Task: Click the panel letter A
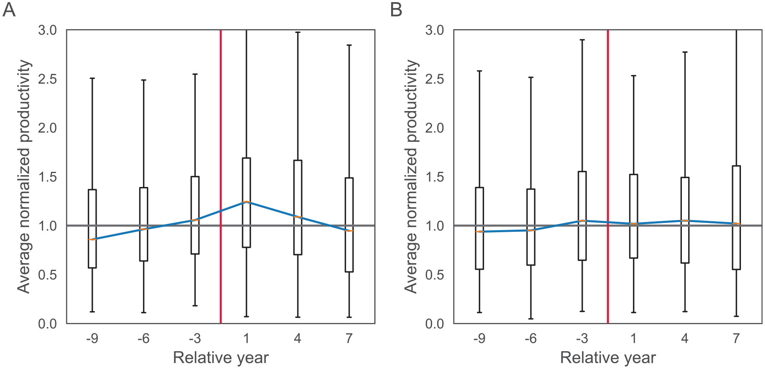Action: pyautogui.click(x=9, y=9)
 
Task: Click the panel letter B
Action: pyautogui.click(x=396, y=9)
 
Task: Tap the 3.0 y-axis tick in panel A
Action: pyautogui.click(x=47, y=30)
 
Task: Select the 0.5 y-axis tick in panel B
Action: pyautogui.click(x=435, y=275)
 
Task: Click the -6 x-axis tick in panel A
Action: pyautogui.click(x=143, y=339)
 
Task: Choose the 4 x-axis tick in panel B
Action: pyautogui.click(x=685, y=339)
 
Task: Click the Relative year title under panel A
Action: pyautogui.click(x=221, y=358)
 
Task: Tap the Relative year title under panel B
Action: pyautogui.click(x=608, y=358)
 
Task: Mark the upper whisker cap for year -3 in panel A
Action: pyautogui.click(x=195, y=74)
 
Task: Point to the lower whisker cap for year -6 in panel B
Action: pyautogui.click(x=531, y=319)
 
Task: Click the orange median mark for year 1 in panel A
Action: pyautogui.click(x=246, y=202)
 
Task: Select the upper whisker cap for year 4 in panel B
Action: pyautogui.click(x=685, y=52)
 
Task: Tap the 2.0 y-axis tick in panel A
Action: pyautogui.click(x=47, y=128)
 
